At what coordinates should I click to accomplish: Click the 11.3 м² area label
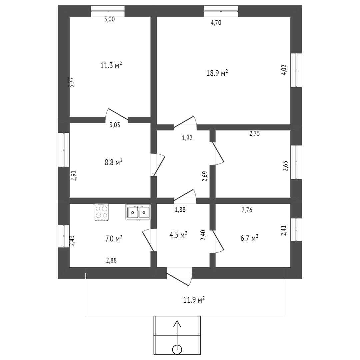(x=111, y=65)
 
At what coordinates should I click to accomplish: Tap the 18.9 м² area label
(x=217, y=73)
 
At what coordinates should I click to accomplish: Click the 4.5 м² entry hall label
(x=178, y=235)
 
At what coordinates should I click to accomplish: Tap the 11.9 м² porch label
(x=194, y=299)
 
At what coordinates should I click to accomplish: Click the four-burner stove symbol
(x=102, y=212)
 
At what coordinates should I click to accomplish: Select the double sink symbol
(x=138, y=212)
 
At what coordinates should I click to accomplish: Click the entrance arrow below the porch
(x=177, y=333)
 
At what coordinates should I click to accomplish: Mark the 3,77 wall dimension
(x=71, y=83)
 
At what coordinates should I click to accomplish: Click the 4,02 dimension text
(x=284, y=70)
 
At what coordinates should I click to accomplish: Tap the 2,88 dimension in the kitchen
(x=112, y=261)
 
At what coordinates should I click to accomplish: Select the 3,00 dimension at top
(x=109, y=19)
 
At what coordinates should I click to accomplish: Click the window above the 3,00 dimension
(x=108, y=11)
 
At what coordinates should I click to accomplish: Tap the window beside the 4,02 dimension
(x=296, y=70)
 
